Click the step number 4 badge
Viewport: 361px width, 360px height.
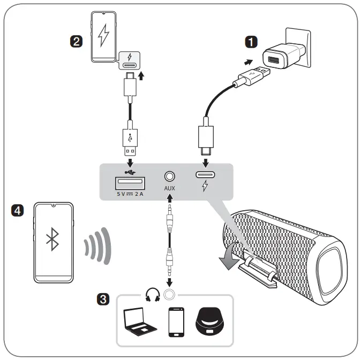coord(18,211)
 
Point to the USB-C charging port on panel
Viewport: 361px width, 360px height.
coord(206,174)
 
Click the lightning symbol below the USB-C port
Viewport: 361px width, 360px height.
coord(206,187)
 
